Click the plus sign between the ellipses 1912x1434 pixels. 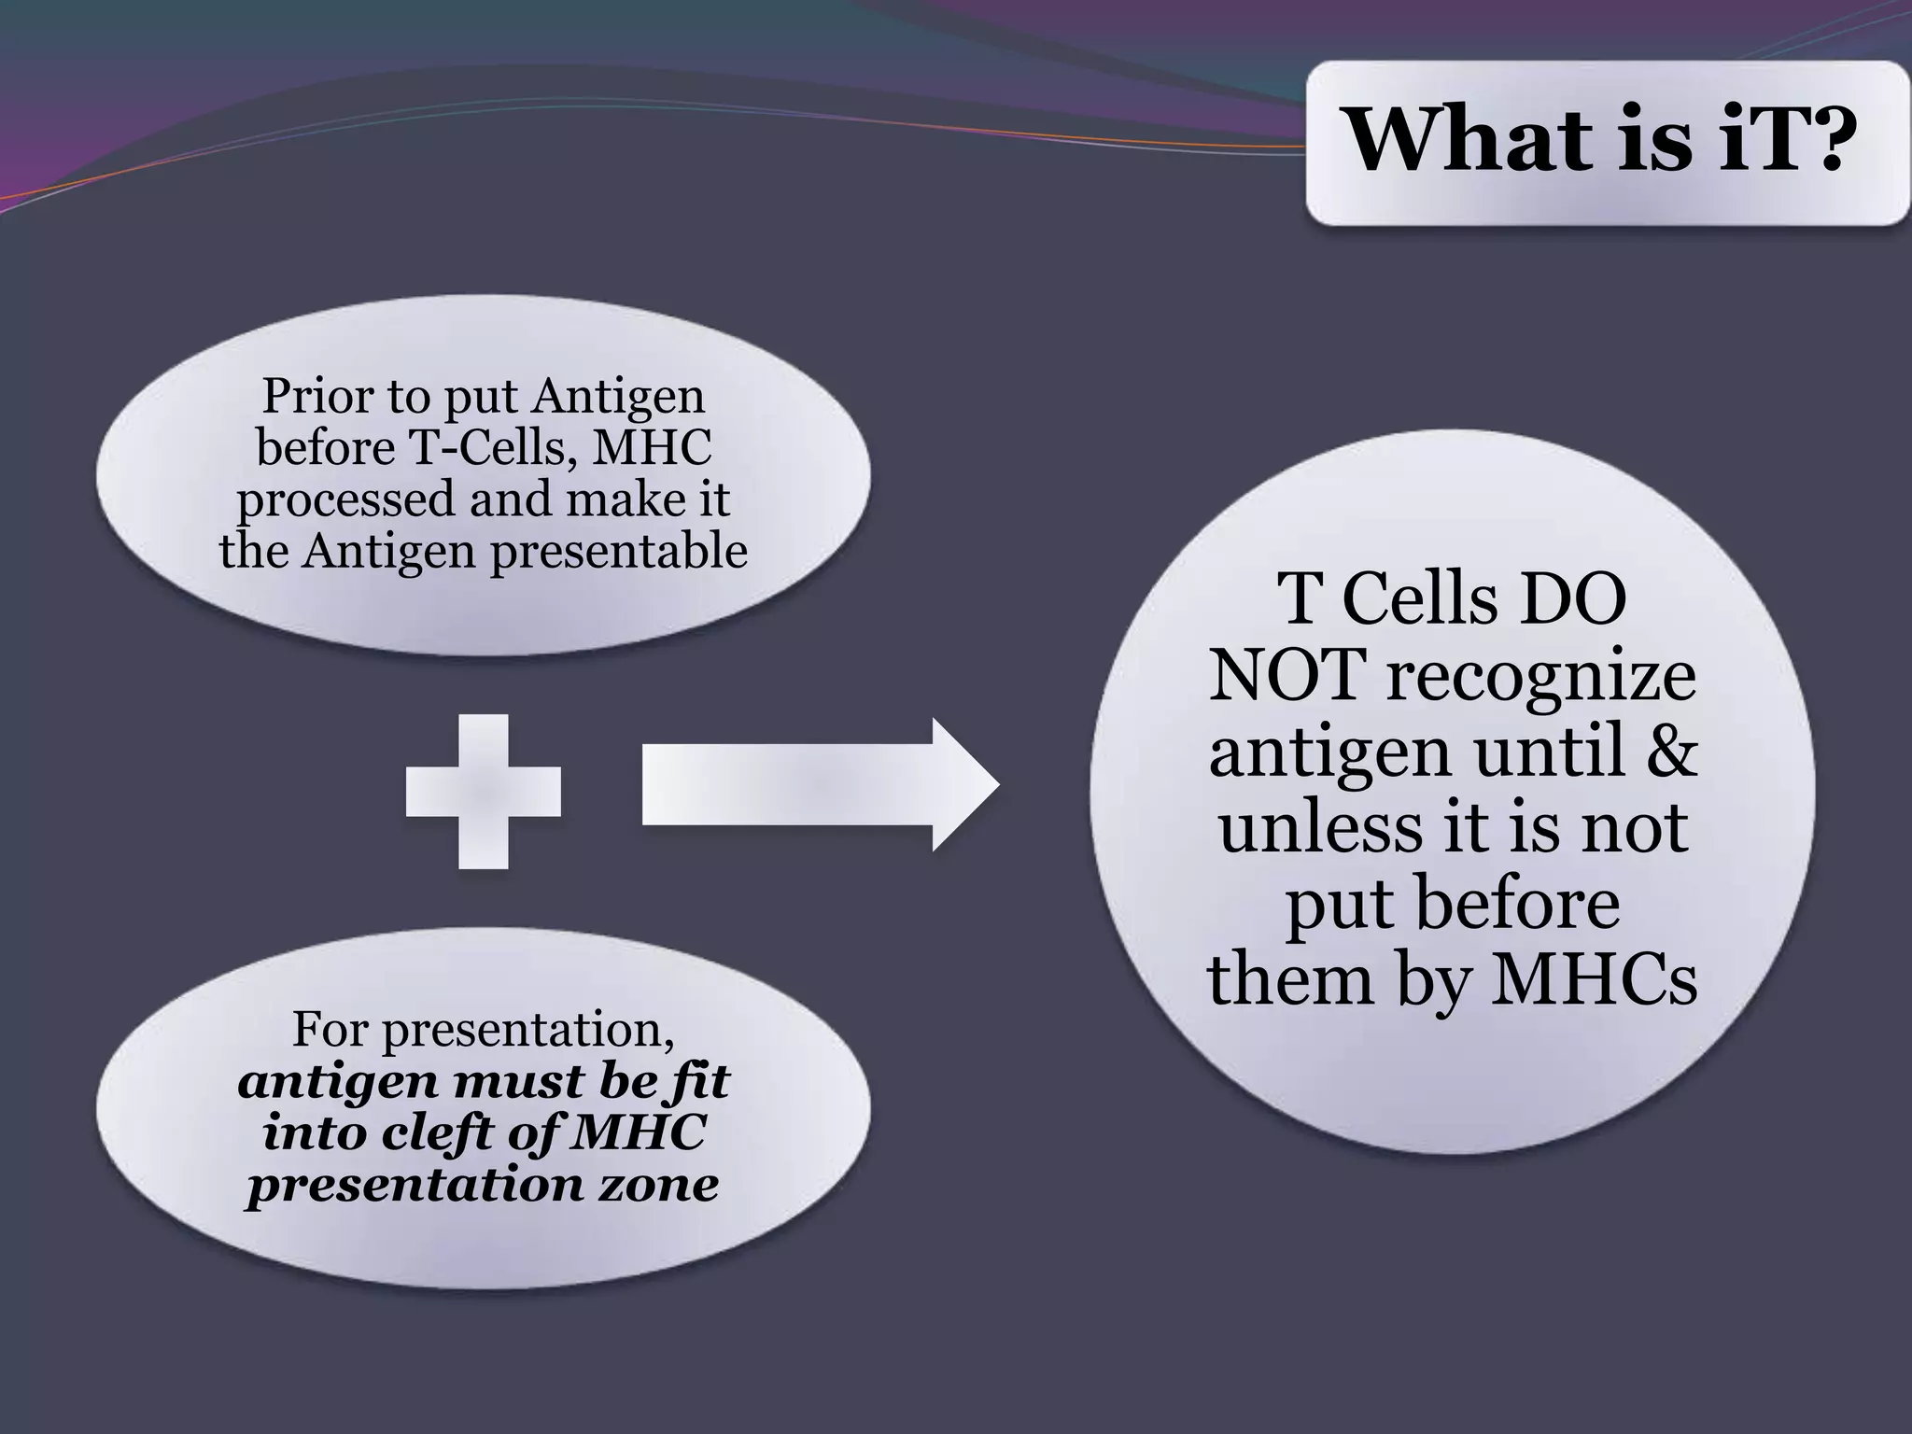click(x=484, y=792)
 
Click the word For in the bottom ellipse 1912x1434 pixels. click(x=330, y=1029)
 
